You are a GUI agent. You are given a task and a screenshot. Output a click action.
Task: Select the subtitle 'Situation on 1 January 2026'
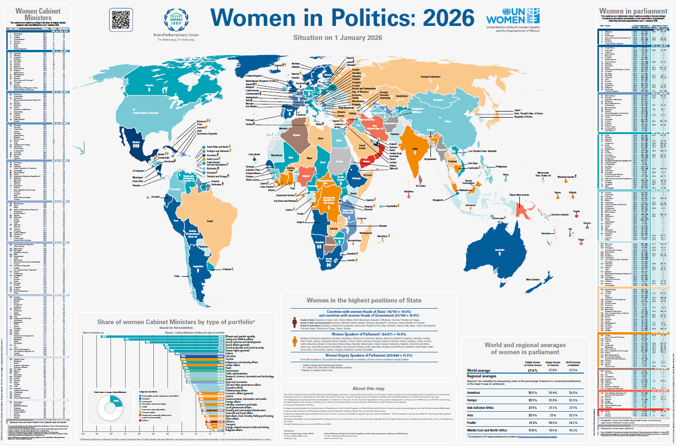point(337,38)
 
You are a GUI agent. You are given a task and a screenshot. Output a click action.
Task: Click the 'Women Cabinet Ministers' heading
point(38,14)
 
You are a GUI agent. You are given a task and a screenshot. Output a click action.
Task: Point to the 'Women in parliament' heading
point(633,11)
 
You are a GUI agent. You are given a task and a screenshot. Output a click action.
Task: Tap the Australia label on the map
point(500,250)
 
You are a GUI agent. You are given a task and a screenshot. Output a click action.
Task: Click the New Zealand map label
point(533,279)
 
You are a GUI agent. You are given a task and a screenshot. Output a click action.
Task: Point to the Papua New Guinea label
point(519,195)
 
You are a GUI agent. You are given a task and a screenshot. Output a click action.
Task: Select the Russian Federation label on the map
point(430,77)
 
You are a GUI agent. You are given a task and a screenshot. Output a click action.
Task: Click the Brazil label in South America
point(210,221)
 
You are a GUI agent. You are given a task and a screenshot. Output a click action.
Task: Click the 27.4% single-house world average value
point(533,370)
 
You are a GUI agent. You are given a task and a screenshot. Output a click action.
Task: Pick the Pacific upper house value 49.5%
point(553,422)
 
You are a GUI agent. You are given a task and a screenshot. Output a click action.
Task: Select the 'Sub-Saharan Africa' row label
point(480,408)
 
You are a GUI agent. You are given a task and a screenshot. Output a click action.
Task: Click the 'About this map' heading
point(368,389)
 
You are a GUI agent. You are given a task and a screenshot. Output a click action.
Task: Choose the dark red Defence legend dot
point(140,420)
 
